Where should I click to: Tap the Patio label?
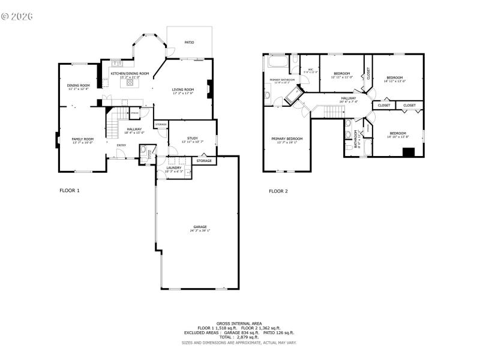pos(189,43)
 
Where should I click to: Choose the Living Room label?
pos(183,89)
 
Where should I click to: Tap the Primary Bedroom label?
pos(287,139)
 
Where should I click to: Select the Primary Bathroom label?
pos(281,80)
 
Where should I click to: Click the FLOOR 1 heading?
pos(69,191)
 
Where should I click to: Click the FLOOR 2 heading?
pos(278,191)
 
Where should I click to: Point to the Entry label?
pos(121,145)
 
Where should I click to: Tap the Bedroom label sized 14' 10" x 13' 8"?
pos(398,133)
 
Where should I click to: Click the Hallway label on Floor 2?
pos(348,98)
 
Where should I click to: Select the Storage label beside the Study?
pos(204,161)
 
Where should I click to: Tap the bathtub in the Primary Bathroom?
pos(278,61)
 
